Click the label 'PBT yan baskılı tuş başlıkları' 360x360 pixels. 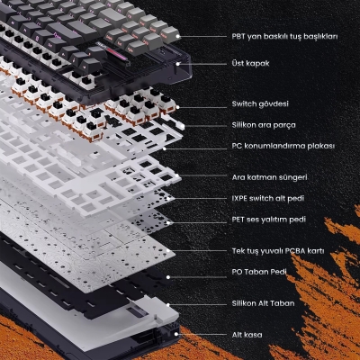[284, 37]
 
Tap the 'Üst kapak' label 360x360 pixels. [250, 64]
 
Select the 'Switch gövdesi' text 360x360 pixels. [260, 104]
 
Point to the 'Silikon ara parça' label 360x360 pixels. [264, 125]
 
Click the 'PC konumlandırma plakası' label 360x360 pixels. [283, 146]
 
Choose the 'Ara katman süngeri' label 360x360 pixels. [269, 177]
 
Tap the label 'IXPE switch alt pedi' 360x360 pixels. [268, 198]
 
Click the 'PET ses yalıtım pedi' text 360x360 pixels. [269, 220]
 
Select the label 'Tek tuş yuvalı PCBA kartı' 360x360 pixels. [278, 251]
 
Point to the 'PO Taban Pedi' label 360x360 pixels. [259, 272]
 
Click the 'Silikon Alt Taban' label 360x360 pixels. [263, 303]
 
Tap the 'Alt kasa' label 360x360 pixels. [247, 335]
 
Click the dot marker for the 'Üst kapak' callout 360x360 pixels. [178, 64]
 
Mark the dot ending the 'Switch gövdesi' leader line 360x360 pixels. [177, 107]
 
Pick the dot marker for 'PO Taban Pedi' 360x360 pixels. [168, 277]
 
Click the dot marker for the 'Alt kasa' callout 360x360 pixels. [176, 334]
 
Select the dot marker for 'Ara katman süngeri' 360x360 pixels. [177, 175]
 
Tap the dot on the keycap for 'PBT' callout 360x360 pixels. [178, 37]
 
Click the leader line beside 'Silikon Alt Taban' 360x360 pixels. [197, 305]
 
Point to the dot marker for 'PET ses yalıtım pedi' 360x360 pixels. [168, 223]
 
